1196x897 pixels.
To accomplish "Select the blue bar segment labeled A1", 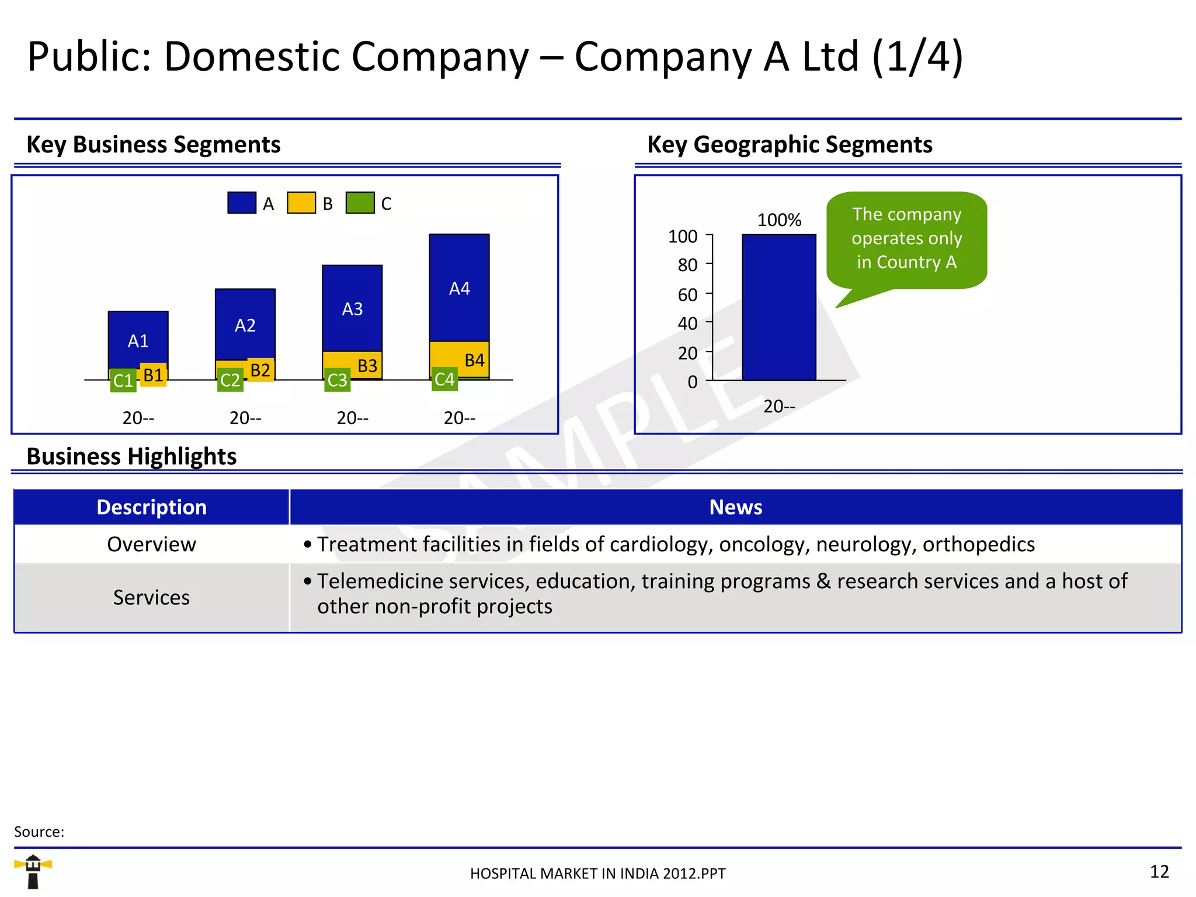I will click(138, 339).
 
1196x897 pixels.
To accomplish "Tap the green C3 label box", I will click(337, 380).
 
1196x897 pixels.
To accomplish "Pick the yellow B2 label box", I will click(260, 370).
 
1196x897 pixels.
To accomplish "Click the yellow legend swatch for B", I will click(301, 203).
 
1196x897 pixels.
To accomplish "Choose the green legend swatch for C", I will click(360, 203).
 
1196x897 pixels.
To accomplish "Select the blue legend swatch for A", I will click(242, 203).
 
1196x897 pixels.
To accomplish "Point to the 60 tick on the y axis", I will click(687, 294).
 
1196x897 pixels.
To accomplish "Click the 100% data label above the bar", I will click(779, 220).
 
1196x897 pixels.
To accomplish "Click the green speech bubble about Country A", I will click(906, 239).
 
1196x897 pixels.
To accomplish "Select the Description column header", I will click(151, 507).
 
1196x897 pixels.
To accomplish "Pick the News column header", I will click(735, 507).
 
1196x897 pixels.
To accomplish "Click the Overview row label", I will click(151, 544).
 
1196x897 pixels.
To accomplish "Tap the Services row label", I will click(151, 597).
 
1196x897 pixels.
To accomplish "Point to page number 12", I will click(1159, 871).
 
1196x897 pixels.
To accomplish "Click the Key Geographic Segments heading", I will click(790, 144).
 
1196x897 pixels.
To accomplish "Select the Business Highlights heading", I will click(131, 456).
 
